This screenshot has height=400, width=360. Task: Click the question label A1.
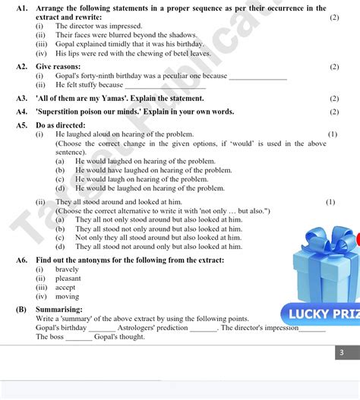22,8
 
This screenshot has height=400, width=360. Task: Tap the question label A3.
22,98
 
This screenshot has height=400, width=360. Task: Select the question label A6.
22,260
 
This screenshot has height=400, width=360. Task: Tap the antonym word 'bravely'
67,269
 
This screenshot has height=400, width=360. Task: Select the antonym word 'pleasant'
68,279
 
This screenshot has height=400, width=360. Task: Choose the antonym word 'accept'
66,288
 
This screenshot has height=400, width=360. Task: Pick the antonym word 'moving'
67,297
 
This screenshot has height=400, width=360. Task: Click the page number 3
342,352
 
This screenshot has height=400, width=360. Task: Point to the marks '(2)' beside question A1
334,17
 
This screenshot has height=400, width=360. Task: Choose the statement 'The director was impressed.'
99,26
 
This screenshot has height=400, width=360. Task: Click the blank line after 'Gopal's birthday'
102,328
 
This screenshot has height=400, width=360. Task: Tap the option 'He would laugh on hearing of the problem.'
141,179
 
